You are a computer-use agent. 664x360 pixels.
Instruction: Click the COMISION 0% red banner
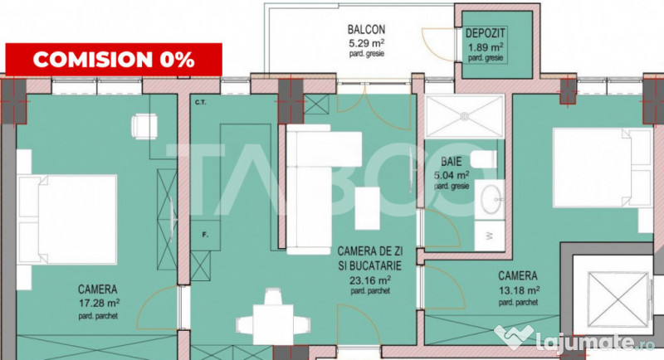click(x=114, y=59)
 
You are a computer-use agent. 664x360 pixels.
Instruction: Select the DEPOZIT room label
click(x=486, y=32)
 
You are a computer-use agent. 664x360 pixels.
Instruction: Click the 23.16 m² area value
click(x=371, y=279)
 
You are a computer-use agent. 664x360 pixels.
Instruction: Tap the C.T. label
click(x=200, y=104)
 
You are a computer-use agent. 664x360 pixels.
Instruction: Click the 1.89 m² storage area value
click(x=486, y=46)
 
